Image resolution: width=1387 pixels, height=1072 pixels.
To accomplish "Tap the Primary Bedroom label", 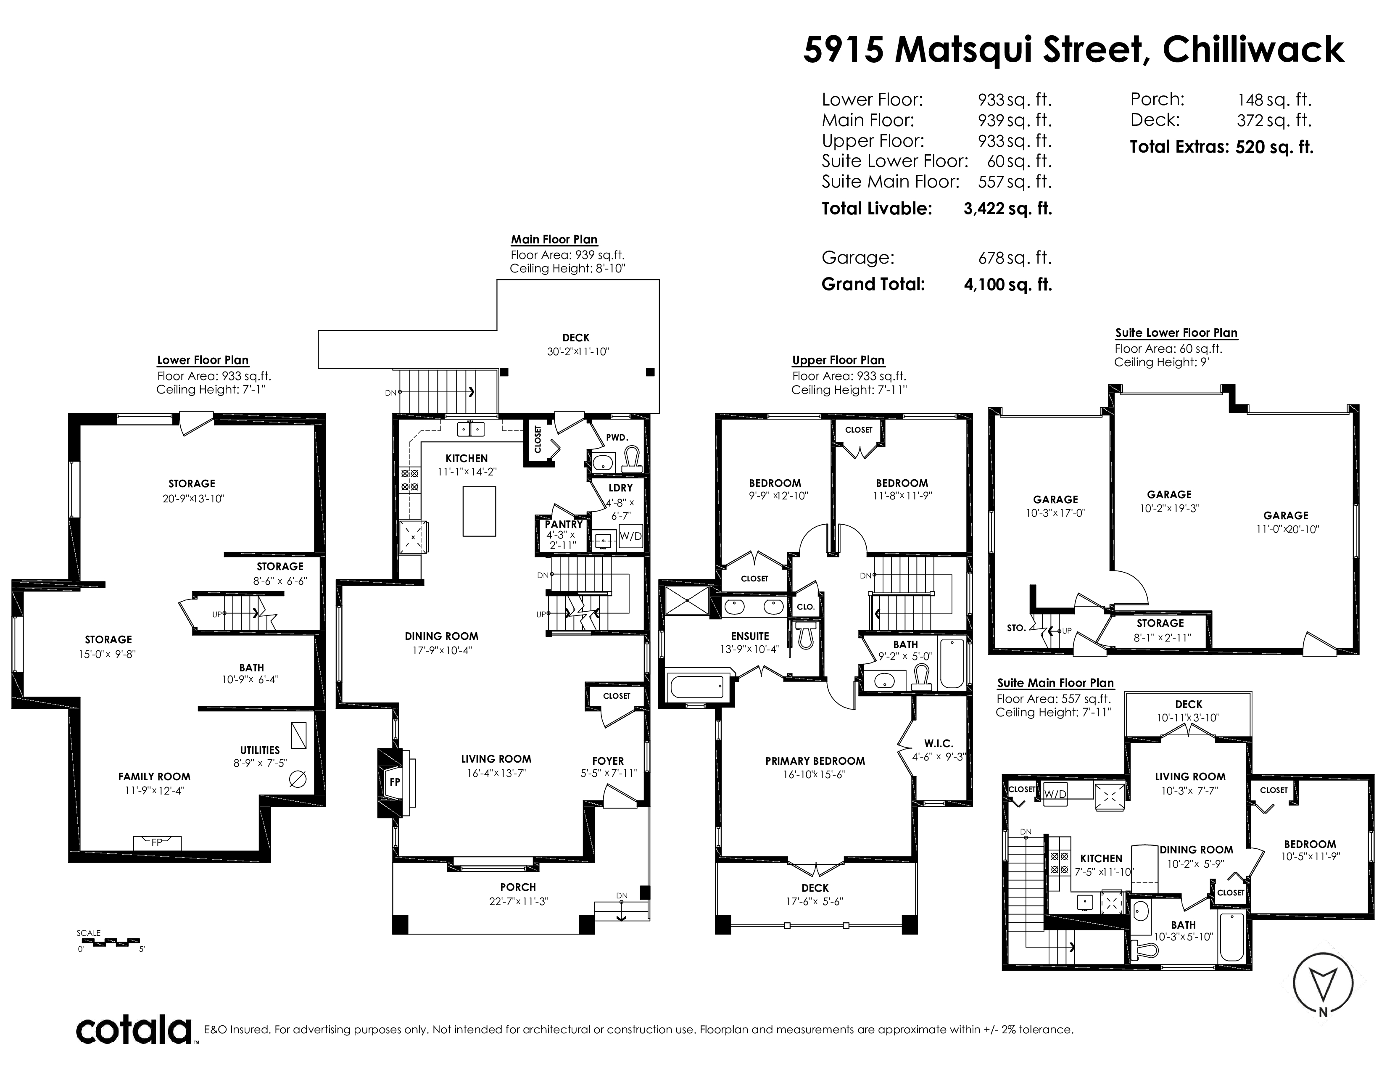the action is (815, 761).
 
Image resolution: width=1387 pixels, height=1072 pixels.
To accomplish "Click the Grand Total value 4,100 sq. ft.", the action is (1008, 285).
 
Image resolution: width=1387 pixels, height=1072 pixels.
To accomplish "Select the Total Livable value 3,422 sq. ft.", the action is (1008, 209).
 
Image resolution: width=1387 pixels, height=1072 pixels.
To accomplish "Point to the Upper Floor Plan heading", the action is (839, 360).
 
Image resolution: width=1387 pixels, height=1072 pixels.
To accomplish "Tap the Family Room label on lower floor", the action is (154, 777).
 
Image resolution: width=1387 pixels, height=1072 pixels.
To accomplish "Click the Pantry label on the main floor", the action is (563, 525).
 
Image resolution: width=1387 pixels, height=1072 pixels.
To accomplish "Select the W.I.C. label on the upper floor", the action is (939, 744).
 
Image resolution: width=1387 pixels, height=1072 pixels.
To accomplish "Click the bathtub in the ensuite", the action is (697, 686).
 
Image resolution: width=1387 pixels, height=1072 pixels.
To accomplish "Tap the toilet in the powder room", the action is (632, 460).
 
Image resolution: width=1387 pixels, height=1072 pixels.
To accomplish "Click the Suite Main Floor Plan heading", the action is (1055, 683).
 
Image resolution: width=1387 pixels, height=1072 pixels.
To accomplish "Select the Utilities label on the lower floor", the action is (260, 750).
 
